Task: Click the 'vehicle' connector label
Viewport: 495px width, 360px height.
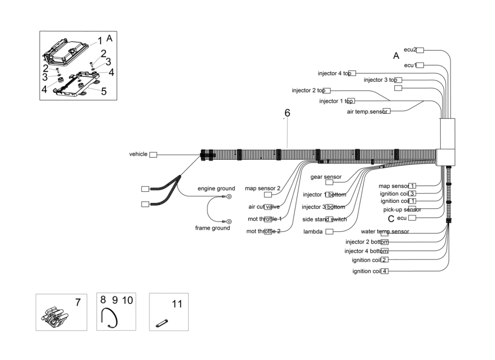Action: [138, 154]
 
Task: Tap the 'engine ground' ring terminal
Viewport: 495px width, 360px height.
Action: [228, 196]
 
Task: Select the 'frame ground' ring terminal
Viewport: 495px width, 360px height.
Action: [228, 221]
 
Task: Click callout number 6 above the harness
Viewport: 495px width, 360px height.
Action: [287, 113]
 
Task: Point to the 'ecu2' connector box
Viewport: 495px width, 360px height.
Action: [420, 50]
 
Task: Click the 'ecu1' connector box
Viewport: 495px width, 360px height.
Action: [420, 65]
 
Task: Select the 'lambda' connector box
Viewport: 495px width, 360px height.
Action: [329, 232]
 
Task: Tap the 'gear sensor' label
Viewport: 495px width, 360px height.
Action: [326, 177]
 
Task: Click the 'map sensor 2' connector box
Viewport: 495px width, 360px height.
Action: [268, 195]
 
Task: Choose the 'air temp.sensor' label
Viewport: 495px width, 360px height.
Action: [366, 111]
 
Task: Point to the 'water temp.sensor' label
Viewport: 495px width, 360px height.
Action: [385, 232]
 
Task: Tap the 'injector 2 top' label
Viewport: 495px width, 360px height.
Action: [308, 90]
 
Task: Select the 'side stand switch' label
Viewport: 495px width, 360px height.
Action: [324, 219]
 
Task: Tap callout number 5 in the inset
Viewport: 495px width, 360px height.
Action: [103, 91]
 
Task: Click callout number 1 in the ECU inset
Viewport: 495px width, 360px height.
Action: [100, 41]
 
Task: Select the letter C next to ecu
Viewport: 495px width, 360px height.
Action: [391, 218]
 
